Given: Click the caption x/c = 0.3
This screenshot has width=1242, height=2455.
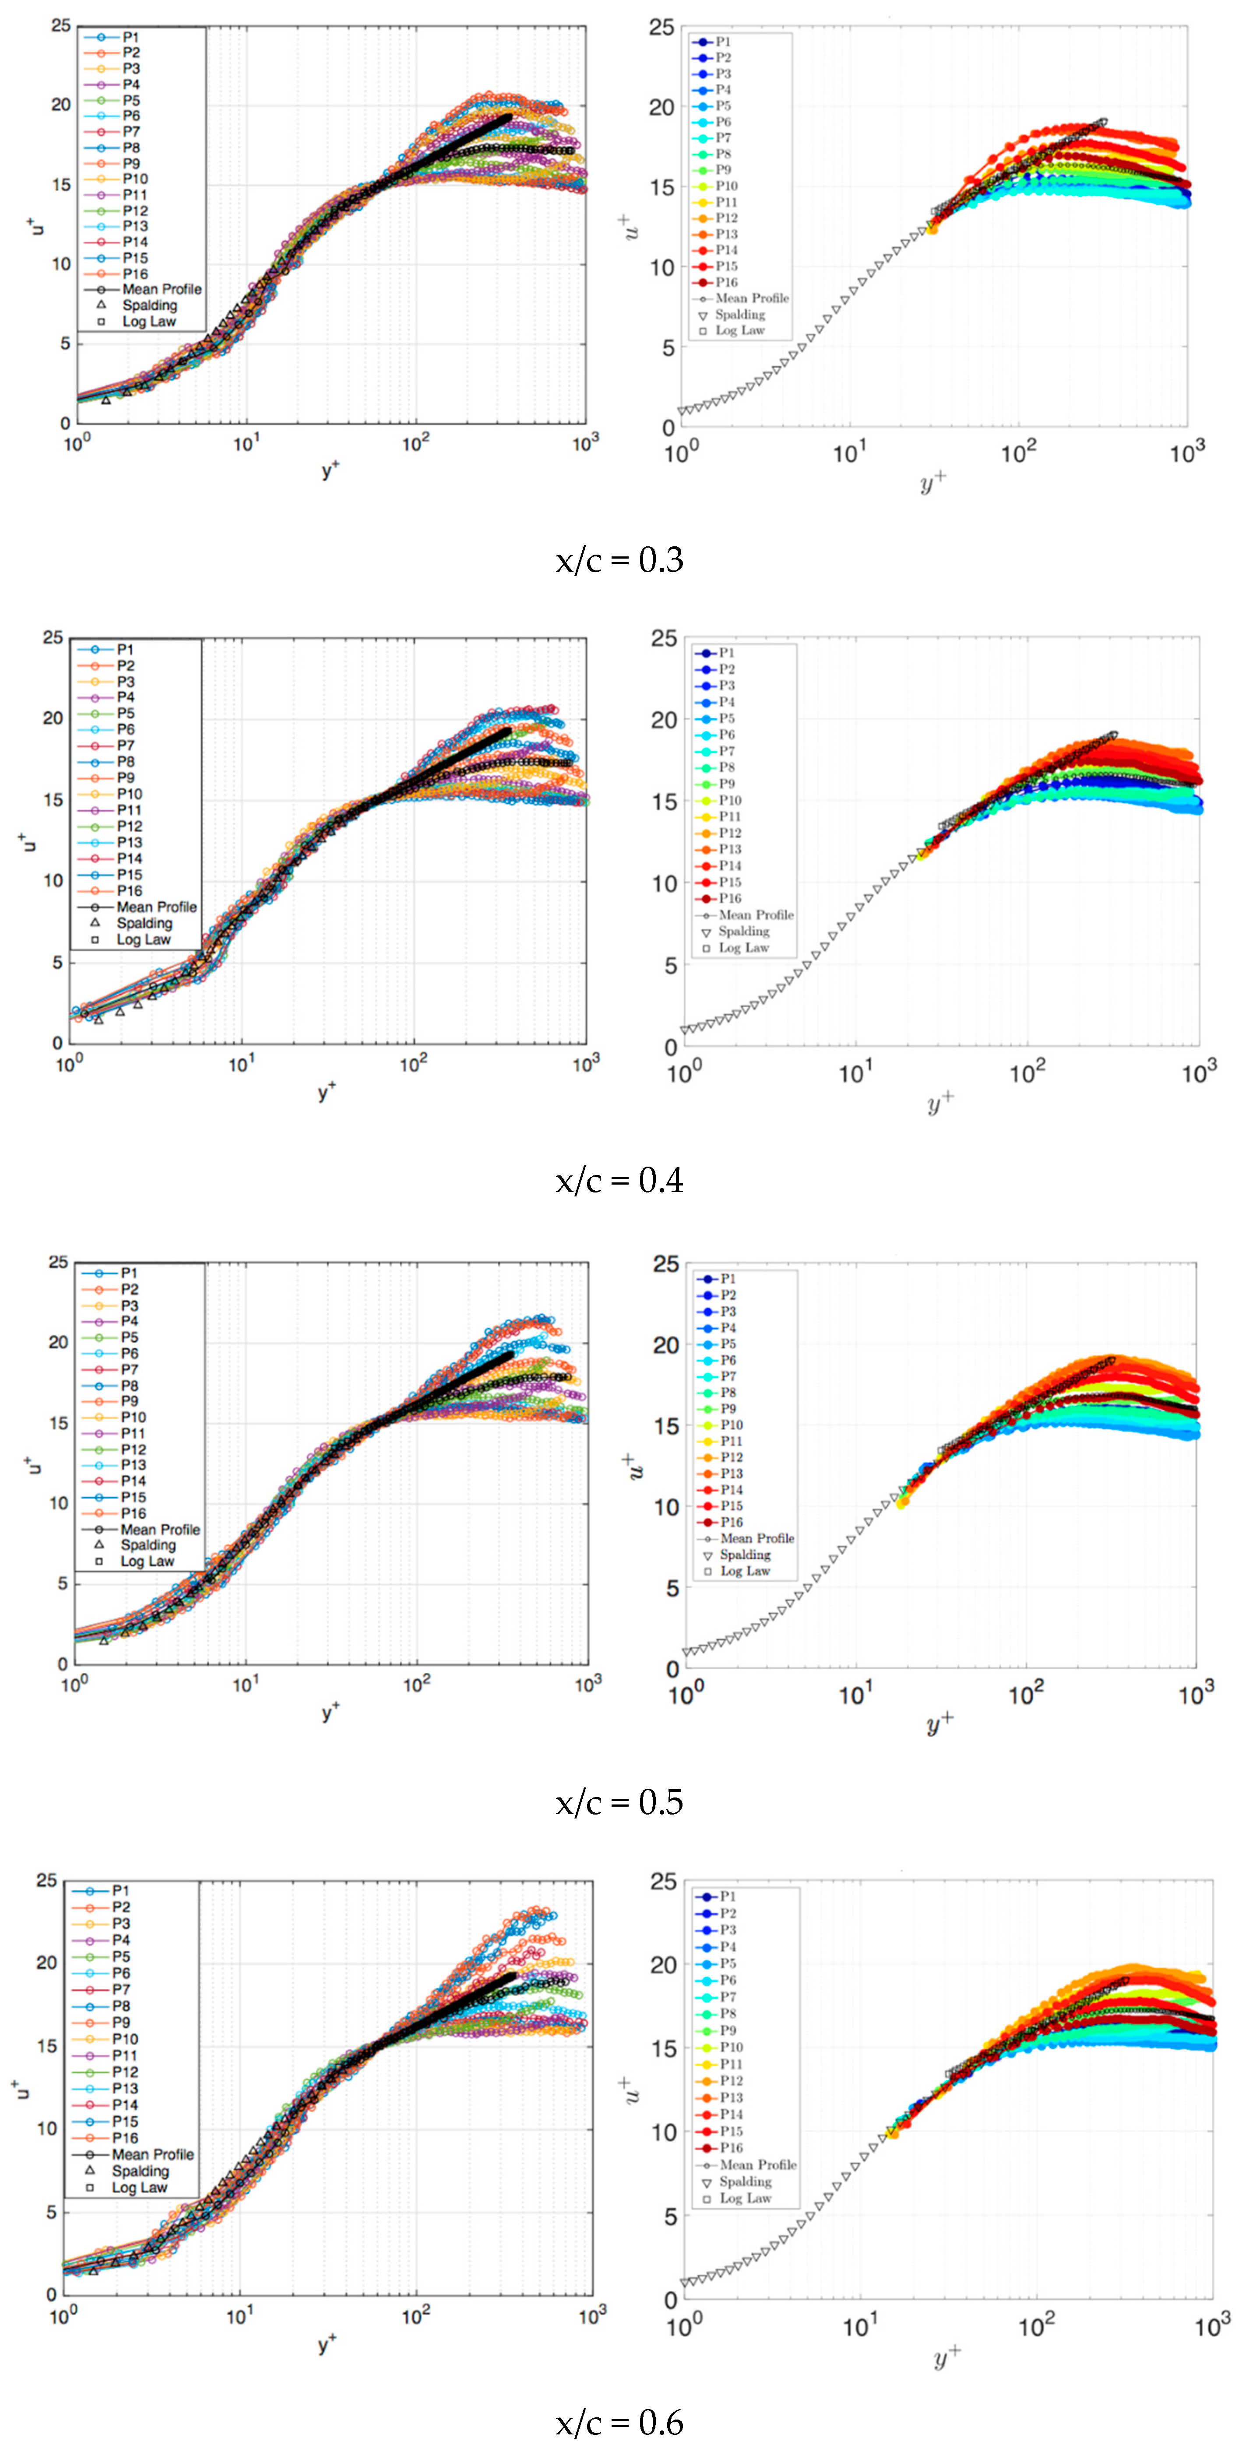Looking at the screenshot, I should pyautogui.click(x=619, y=560).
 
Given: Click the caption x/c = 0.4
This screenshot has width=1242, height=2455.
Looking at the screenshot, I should pyautogui.click(x=619, y=1181).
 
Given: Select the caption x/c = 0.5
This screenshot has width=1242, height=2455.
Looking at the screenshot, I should pyautogui.click(x=619, y=1802).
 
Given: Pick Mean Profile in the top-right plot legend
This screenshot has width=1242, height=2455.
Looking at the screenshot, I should pyautogui.click(x=751, y=298).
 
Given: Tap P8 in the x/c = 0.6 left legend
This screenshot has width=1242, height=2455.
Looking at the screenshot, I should pyautogui.click(x=121, y=2005).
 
